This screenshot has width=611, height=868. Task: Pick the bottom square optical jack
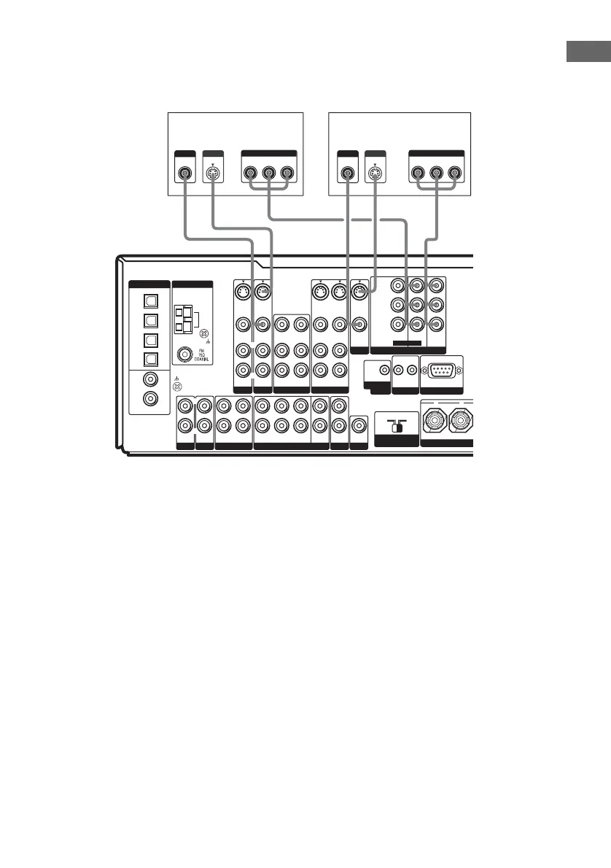coord(150,358)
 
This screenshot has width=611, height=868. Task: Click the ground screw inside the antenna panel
coord(203,333)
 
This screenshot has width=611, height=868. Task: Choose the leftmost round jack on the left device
coord(184,174)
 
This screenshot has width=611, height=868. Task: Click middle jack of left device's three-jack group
coord(268,174)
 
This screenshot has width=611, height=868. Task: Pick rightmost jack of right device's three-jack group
coord(455,174)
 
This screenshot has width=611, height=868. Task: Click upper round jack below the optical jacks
coord(150,379)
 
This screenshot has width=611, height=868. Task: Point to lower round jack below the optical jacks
coord(150,398)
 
